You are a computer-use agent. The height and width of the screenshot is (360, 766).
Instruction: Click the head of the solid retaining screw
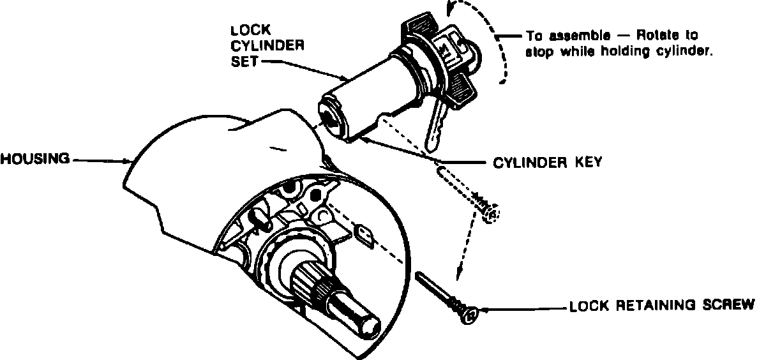pyautogui.click(x=471, y=313)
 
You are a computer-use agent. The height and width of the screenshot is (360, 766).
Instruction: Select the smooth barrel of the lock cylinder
pyautogui.click(x=367, y=89)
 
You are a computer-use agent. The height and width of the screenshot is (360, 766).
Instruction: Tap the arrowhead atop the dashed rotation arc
pyautogui.click(x=454, y=8)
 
